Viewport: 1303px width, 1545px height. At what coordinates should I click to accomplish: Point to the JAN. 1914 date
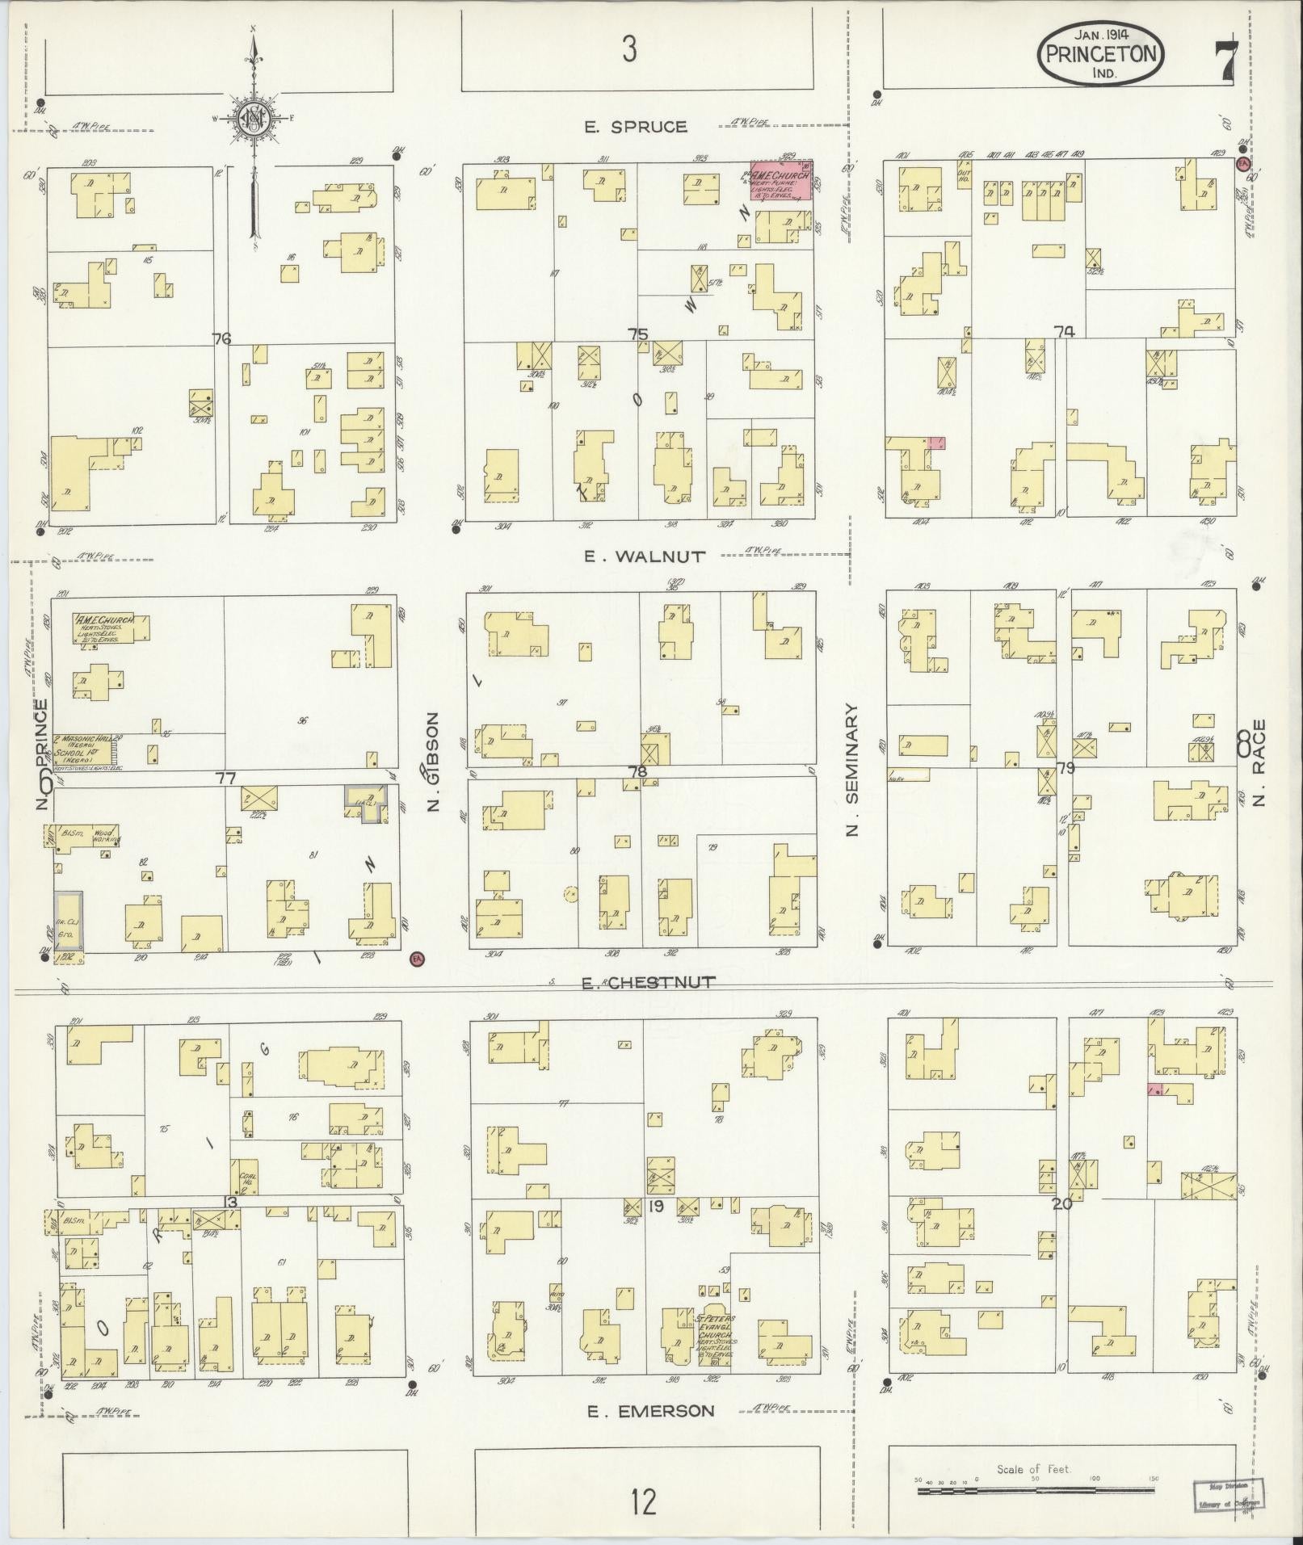1103,35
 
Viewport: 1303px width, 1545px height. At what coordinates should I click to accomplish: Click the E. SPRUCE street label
637,127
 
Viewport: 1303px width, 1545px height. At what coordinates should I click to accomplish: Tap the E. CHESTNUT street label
649,982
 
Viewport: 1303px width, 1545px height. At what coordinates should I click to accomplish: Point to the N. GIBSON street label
432,761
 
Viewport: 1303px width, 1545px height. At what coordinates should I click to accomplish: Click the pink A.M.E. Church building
780,179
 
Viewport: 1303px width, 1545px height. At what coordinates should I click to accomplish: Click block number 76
221,338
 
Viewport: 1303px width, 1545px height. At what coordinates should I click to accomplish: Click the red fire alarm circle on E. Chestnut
417,958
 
